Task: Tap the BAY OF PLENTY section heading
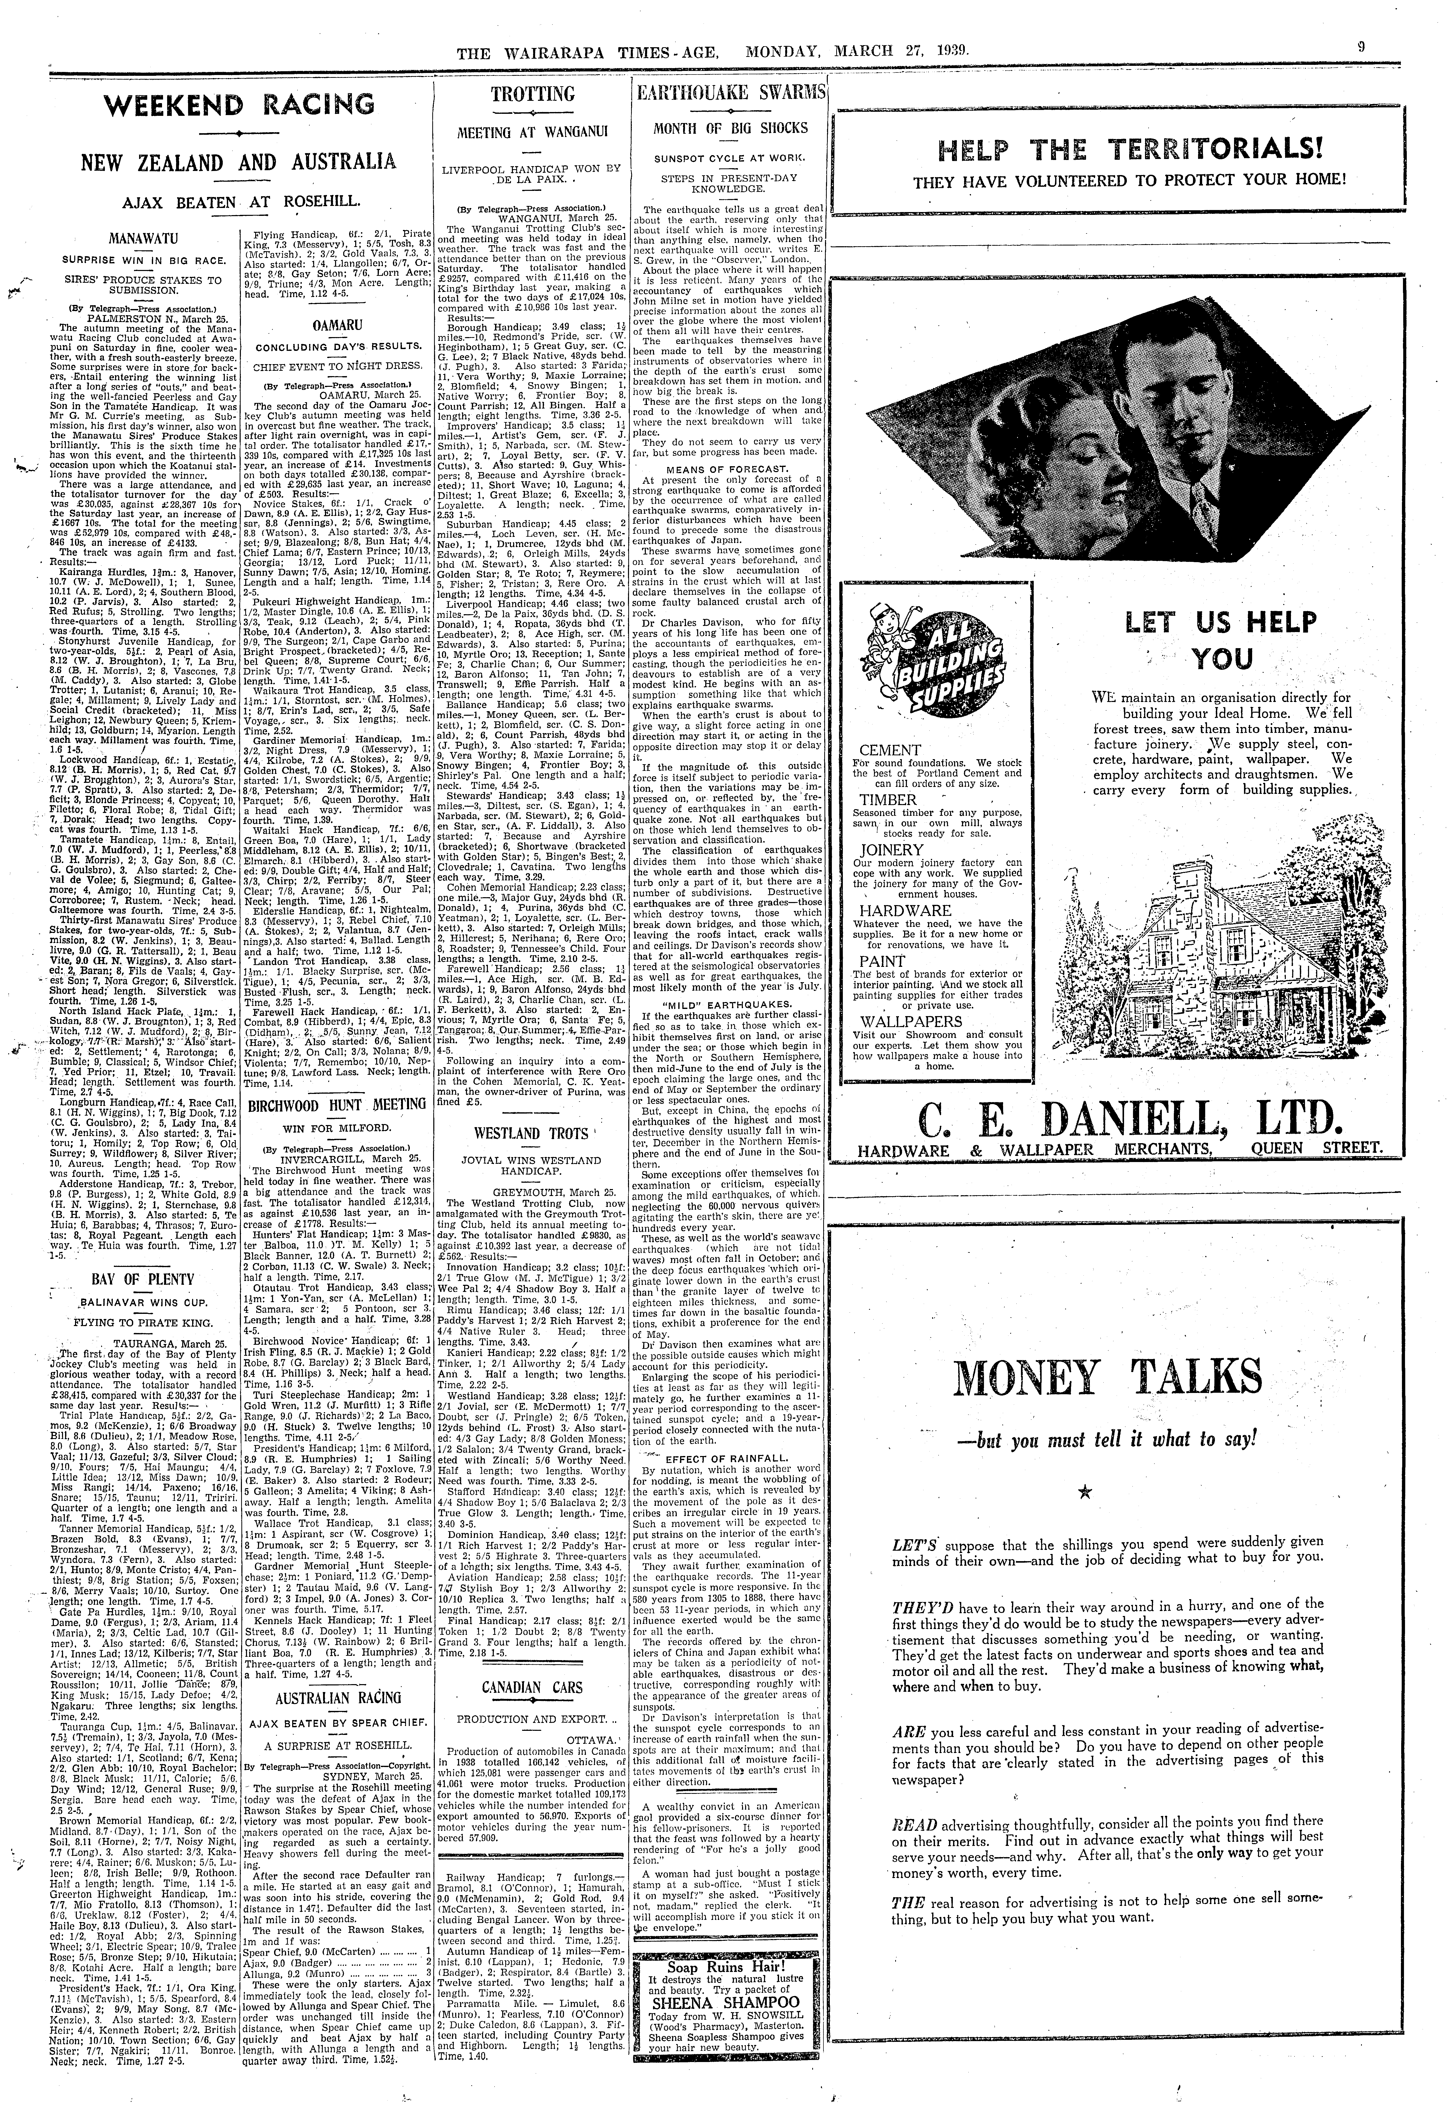(131, 1280)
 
